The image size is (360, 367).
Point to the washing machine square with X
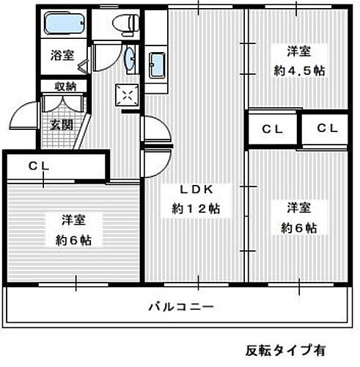[x=127, y=94]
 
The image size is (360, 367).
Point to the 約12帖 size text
[x=196, y=208]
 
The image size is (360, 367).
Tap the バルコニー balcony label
[x=180, y=306]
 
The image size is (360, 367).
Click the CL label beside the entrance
[x=39, y=166]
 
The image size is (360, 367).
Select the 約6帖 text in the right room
[x=300, y=227]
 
